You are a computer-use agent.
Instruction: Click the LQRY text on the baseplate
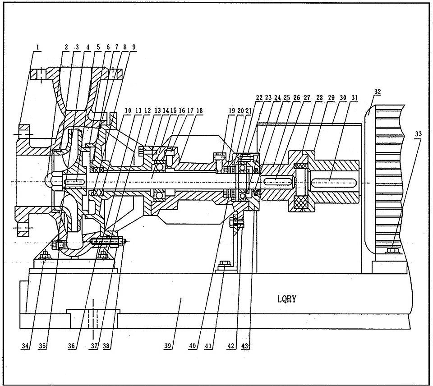pyautogui.click(x=286, y=299)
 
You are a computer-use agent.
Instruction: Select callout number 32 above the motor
pyautogui.click(x=378, y=92)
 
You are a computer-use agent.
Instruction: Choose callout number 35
pyautogui.click(x=43, y=347)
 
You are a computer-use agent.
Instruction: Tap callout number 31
pyautogui.click(x=355, y=98)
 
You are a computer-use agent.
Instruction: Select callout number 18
pyautogui.click(x=199, y=110)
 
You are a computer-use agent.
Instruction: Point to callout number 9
pyautogui.click(x=134, y=47)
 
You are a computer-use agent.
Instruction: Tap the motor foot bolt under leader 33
pyautogui.click(x=392, y=251)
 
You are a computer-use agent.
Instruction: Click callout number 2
pyautogui.click(x=66, y=47)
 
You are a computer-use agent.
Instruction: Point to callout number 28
pyautogui.click(x=320, y=98)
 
